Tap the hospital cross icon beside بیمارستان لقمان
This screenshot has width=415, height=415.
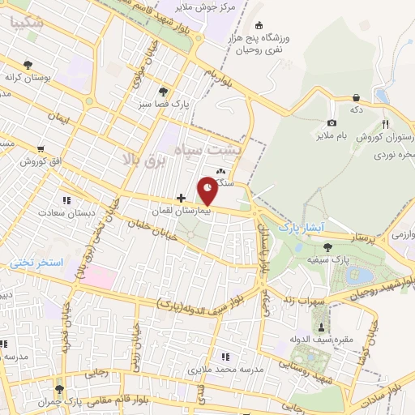coord(181,197)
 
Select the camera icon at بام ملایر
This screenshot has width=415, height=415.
coord(331,122)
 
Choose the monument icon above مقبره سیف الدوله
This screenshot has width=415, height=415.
coord(323,327)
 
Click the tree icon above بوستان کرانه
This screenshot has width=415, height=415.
coord(28,64)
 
